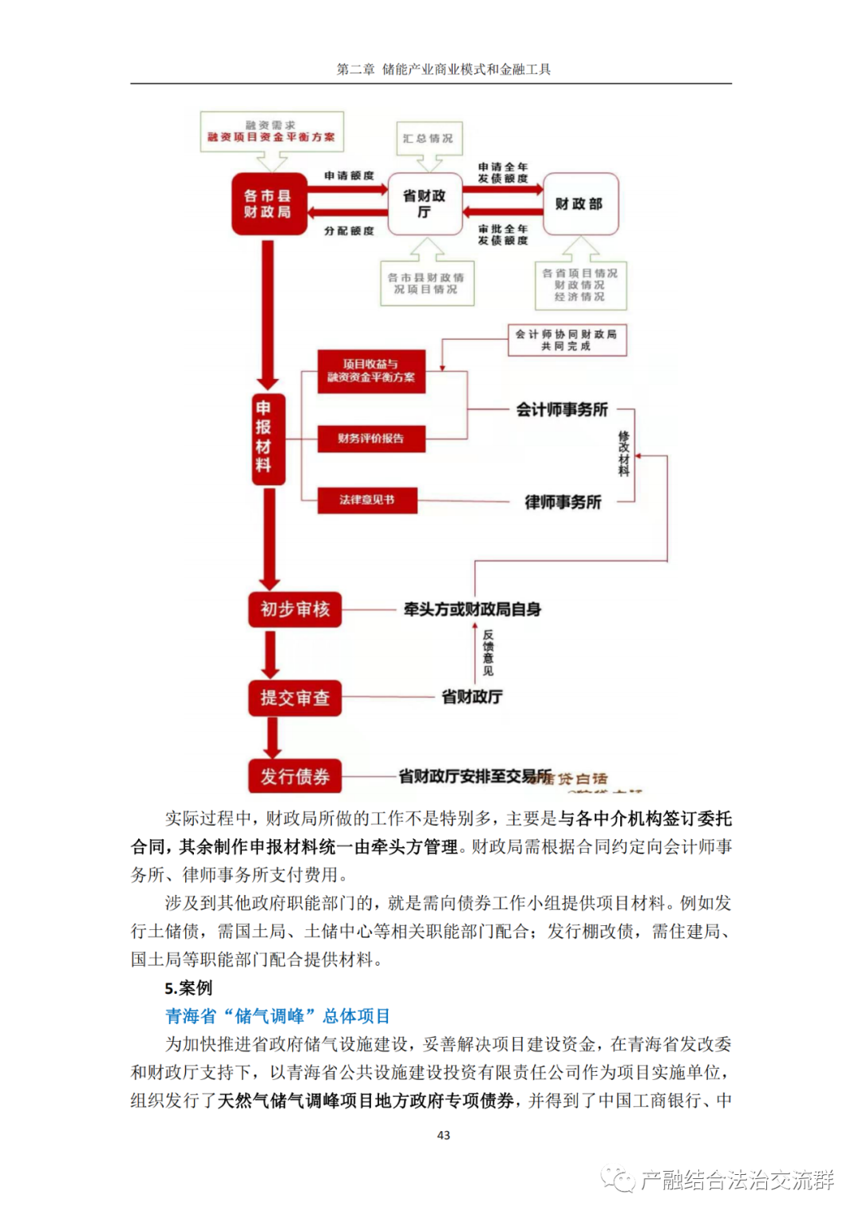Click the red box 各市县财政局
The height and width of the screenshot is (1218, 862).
point(268,203)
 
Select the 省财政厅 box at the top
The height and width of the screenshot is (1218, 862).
point(424,203)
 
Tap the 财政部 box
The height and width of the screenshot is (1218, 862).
point(579,203)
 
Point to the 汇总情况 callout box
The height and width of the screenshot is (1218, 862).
point(429,138)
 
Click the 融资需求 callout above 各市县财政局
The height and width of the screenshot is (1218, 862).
point(271,132)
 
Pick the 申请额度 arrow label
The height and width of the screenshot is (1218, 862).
point(349,175)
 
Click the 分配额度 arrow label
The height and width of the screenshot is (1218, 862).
point(349,231)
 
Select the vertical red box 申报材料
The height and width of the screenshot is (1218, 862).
point(263,438)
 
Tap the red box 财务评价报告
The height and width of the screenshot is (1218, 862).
point(370,438)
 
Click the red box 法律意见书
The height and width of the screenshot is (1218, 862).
point(367,500)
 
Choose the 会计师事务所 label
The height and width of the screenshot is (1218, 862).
point(562,410)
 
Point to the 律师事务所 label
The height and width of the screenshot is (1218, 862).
point(563,502)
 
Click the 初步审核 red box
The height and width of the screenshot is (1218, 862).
point(295,609)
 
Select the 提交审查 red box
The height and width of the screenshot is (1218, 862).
point(295,698)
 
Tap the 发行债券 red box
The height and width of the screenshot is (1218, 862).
point(295,776)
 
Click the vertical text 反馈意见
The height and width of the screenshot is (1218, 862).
point(488,652)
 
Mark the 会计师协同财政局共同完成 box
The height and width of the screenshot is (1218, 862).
point(567,340)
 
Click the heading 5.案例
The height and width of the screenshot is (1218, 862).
point(188,987)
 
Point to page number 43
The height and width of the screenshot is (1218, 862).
point(444,1135)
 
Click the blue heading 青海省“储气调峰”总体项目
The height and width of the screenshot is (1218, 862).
point(277,1016)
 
